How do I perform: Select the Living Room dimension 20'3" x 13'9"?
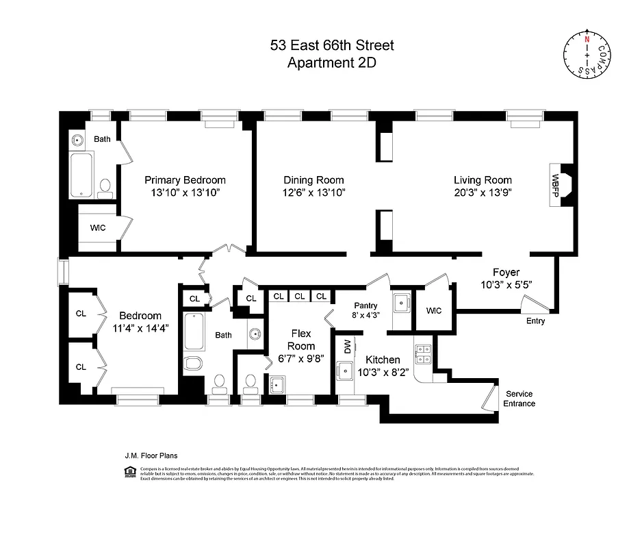click(x=483, y=192)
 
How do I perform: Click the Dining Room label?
click(x=313, y=180)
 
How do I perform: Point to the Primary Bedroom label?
click(x=185, y=180)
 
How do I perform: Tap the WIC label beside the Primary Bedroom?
click(x=97, y=227)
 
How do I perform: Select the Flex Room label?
click(x=301, y=340)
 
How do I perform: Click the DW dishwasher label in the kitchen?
click(x=347, y=347)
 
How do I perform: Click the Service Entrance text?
click(x=519, y=399)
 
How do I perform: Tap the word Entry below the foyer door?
click(x=535, y=321)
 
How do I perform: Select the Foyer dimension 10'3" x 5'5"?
click(x=506, y=284)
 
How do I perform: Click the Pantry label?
click(x=365, y=306)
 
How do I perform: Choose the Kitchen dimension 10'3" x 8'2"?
click(x=383, y=373)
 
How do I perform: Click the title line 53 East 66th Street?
click(x=332, y=47)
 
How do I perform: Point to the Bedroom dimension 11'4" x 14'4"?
click(x=140, y=328)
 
